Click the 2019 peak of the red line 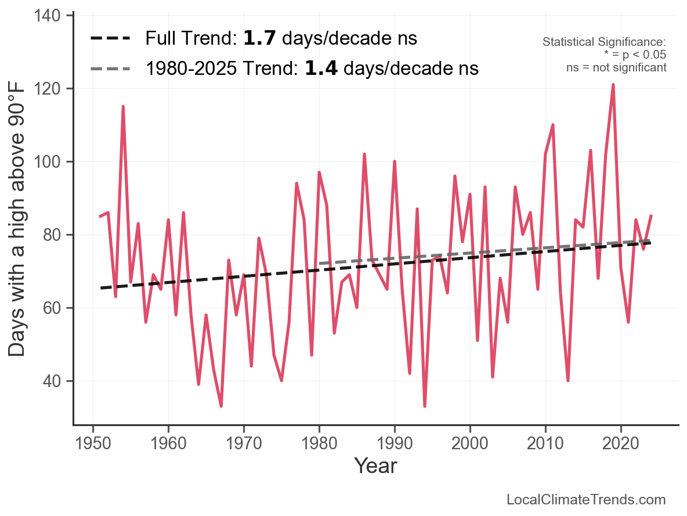point(613,85)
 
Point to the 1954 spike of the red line point(123,107)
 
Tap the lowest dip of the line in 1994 point(425,406)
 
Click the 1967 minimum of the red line point(221,406)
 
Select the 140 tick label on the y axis point(50,16)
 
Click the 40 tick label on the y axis point(54,381)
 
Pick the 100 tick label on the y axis point(50,162)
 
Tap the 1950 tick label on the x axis point(93,444)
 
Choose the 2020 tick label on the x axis point(621,444)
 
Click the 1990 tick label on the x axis point(395,444)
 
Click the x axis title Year point(375,466)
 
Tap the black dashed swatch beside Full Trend point(112,39)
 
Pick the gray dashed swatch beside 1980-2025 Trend point(112,69)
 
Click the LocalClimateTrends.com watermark point(586,500)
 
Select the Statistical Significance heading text point(604,42)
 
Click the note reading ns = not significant point(616,67)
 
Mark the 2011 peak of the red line point(553,125)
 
